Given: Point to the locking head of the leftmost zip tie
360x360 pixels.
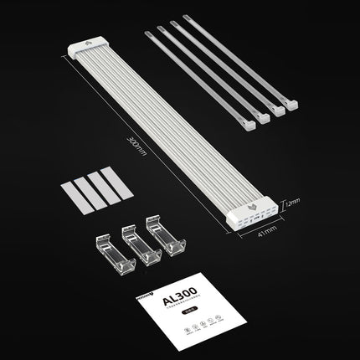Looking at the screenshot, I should pos(249,124).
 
